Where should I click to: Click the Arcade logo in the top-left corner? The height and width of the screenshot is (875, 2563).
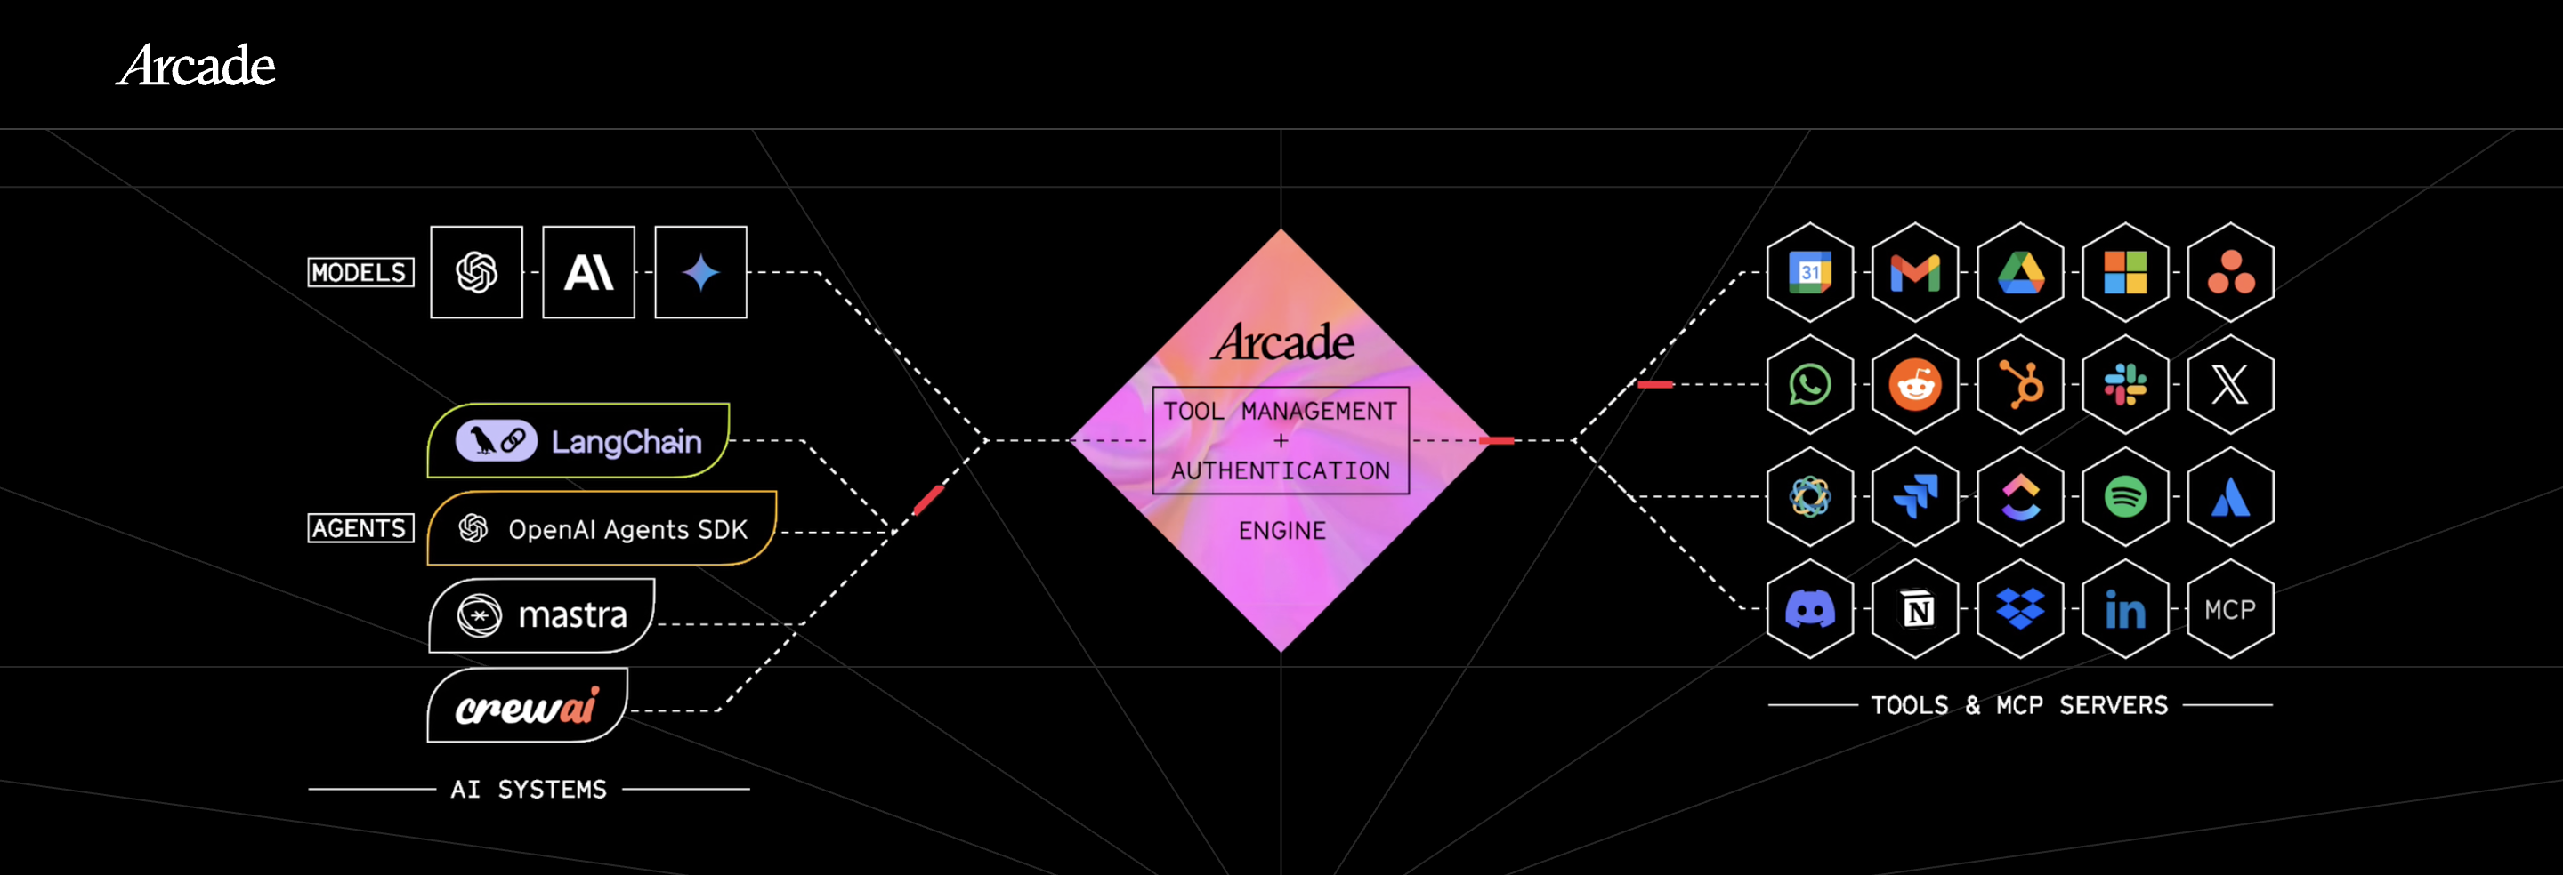196,66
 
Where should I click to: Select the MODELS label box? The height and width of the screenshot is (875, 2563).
360,272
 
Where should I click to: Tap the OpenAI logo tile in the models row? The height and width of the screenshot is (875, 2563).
477,272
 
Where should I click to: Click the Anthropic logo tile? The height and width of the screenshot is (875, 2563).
588,272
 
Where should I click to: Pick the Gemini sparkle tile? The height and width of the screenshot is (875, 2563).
700,272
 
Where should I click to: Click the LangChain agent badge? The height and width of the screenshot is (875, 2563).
578,440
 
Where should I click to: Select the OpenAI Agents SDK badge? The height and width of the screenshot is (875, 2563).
602,529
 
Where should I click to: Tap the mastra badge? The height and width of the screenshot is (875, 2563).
542,615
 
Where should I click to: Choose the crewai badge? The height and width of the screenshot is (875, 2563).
528,706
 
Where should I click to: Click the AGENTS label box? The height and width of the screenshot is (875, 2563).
360,528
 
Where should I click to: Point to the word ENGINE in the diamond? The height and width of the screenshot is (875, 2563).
1281,531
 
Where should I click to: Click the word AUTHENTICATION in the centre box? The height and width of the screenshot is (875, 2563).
1281,470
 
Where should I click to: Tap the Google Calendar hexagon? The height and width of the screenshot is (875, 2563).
1810,272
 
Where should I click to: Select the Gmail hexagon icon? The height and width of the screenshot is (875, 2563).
1915,272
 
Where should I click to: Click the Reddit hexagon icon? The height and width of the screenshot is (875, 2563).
1915,385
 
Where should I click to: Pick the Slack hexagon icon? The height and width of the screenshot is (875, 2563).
2125,385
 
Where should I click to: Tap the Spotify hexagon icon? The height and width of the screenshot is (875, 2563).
2125,496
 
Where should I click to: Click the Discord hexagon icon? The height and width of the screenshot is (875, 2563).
1810,608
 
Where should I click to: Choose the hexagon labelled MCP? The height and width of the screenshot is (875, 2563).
2229,608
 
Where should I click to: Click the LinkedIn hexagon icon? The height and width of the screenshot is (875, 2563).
2125,608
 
